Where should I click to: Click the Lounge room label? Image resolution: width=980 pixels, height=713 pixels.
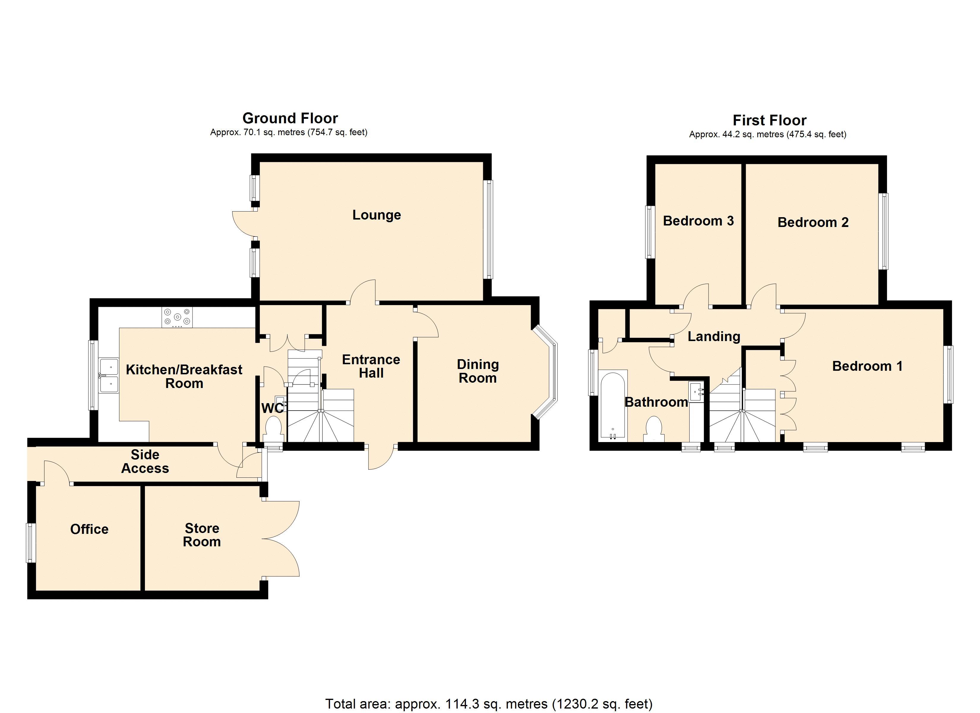pos(376,215)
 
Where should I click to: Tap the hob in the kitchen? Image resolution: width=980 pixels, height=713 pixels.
pos(177,317)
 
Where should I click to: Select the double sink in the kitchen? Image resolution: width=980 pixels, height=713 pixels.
pos(109,375)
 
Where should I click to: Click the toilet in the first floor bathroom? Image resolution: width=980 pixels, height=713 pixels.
pos(653,429)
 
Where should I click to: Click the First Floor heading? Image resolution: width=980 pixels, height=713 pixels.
pos(769,120)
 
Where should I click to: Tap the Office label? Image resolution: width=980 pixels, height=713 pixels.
pos(89,529)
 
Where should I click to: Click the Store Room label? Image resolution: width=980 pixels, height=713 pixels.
pos(202,535)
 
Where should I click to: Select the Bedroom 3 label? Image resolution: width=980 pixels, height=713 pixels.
pos(698,221)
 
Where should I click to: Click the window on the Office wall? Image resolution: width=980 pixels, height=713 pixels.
pos(30,543)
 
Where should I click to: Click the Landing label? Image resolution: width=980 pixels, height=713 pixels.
pos(714,336)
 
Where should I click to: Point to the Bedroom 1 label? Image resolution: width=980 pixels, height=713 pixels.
pos(867,366)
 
